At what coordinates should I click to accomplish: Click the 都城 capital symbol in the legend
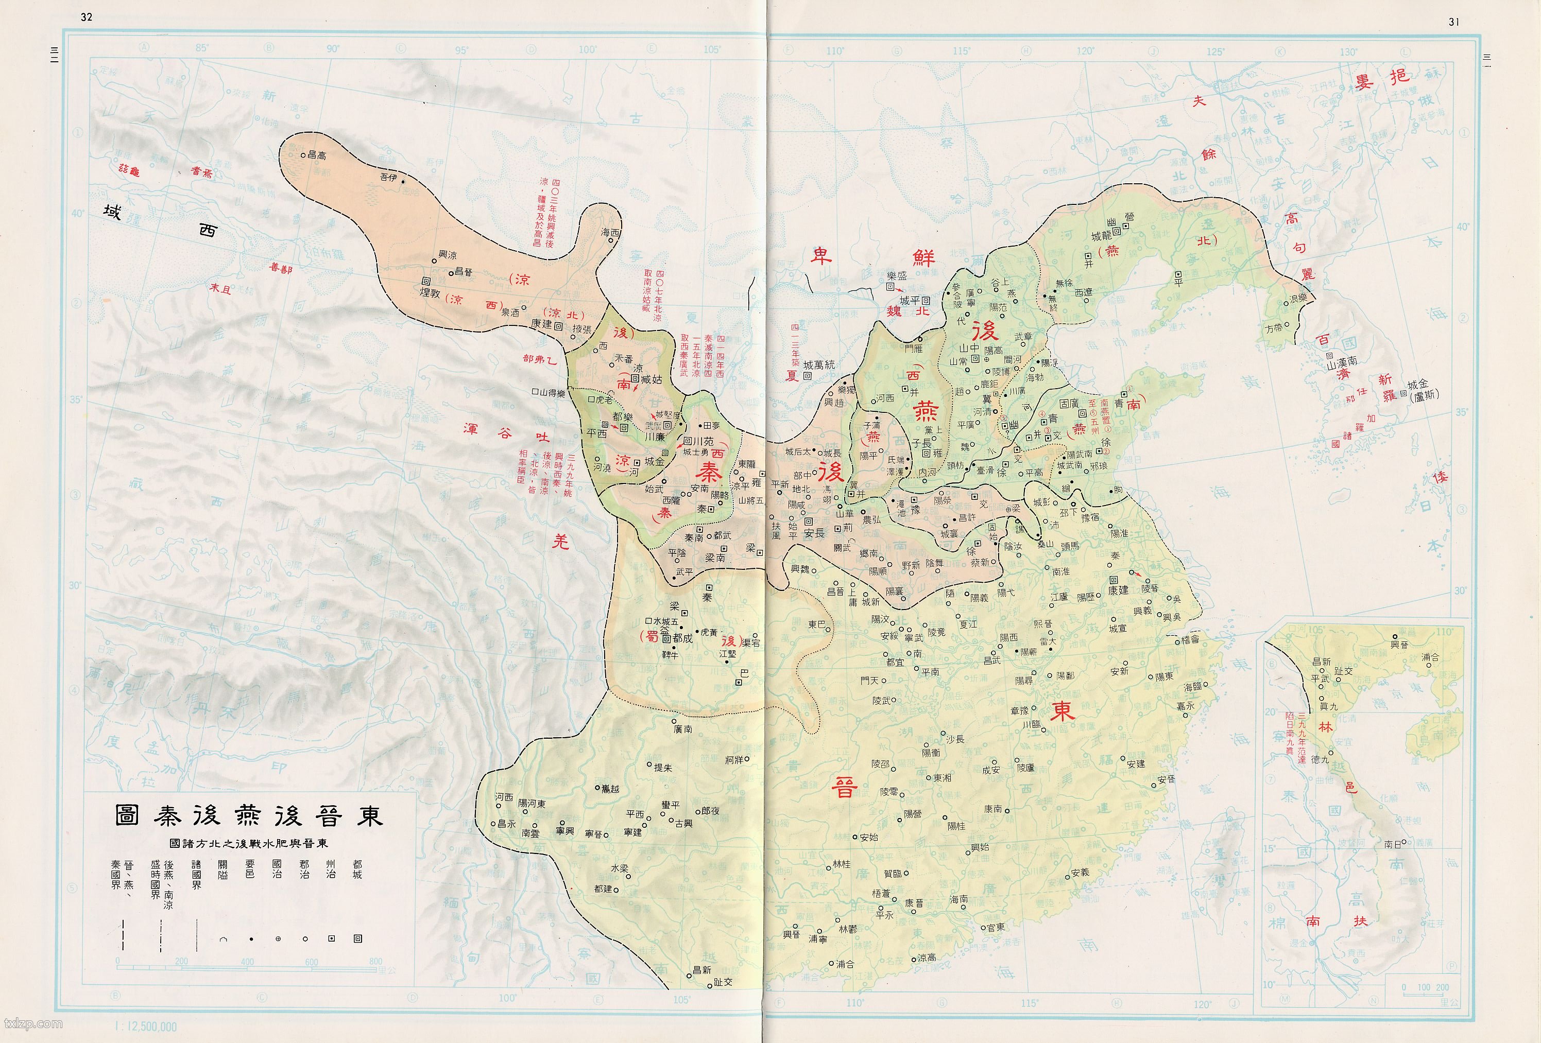click(358, 938)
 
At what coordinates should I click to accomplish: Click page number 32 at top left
click(86, 16)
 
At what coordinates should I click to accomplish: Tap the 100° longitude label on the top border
click(588, 49)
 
